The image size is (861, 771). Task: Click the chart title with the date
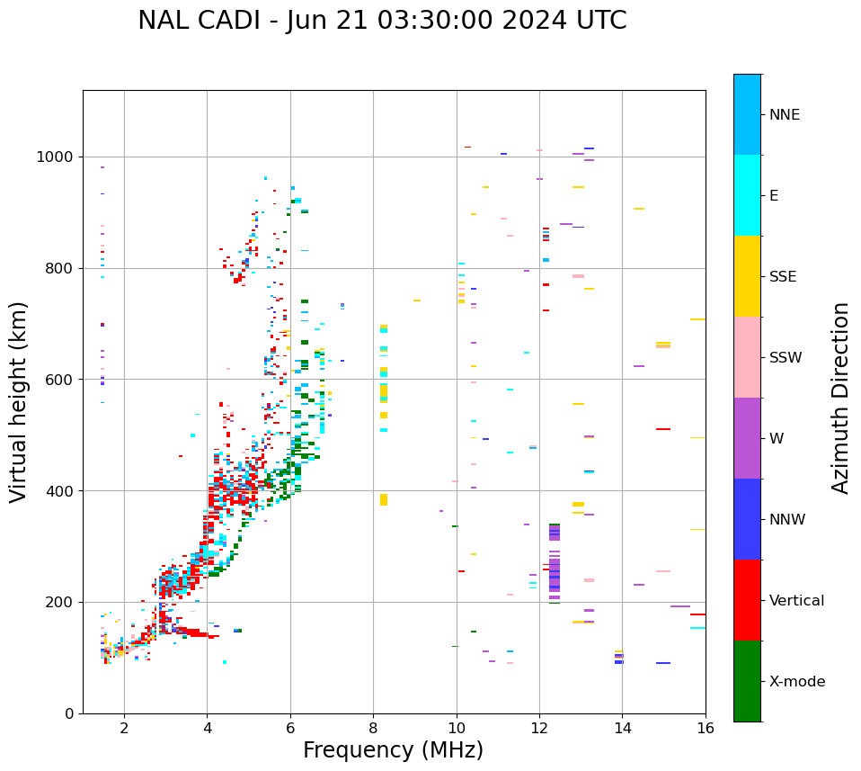point(382,21)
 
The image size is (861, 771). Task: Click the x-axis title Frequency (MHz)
point(393,750)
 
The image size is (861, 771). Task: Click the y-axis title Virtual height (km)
point(19,402)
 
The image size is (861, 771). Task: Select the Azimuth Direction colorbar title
point(840,398)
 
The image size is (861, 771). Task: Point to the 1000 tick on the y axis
point(58,157)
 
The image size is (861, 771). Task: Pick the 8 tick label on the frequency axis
point(373,728)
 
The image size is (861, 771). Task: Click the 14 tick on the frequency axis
point(622,728)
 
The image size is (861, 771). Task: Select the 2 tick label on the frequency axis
point(124,728)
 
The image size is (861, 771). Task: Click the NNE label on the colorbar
point(784,115)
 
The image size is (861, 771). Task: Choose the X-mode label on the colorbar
point(796,682)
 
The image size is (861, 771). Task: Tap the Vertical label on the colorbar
point(796,601)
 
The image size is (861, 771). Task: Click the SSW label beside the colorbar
point(785,358)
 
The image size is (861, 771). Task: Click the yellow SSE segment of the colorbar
point(747,276)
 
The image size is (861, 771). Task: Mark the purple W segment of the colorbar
point(747,438)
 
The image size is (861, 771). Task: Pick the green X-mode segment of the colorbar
point(747,681)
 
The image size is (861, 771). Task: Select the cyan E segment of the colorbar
point(747,195)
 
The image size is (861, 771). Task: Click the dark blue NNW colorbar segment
point(747,519)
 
